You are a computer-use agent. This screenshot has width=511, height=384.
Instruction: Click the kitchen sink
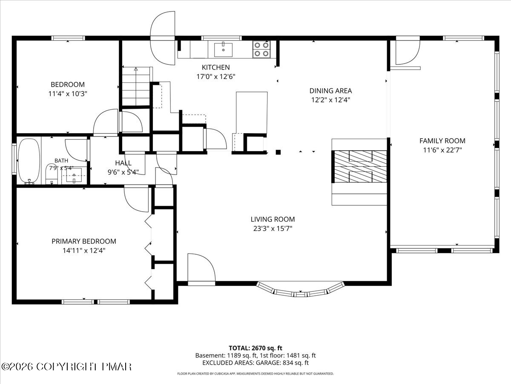click(x=223, y=49)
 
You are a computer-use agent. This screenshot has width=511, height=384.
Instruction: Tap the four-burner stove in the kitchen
click(x=261, y=49)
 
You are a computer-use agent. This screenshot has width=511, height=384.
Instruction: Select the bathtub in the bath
click(x=29, y=161)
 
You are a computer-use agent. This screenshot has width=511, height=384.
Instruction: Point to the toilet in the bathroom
click(x=52, y=174)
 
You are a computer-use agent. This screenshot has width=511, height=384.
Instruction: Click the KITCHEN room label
click(x=215, y=67)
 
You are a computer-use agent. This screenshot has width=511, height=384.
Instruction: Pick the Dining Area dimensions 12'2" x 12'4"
click(x=330, y=100)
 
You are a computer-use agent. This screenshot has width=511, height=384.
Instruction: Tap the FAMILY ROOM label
click(x=442, y=141)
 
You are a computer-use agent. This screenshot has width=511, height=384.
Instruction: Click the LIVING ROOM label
click(x=273, y=219)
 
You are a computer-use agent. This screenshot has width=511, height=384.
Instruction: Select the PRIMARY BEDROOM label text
click(x=84, y=241)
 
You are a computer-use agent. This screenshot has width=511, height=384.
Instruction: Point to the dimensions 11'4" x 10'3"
click(x=68, y=94)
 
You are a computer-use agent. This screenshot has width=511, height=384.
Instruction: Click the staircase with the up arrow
click(x=136, y=86)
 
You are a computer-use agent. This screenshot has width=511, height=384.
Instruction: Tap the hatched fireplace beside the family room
click(x=359, y=167)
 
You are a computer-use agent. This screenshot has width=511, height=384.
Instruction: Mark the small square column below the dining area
click(x=278, y=152)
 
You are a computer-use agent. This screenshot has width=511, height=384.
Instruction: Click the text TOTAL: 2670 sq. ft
click(x=255, y=348)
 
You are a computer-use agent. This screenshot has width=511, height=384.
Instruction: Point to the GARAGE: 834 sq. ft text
click(x=282, y=363)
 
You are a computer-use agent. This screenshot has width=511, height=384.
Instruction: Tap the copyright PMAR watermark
click(x=66, y=367)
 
